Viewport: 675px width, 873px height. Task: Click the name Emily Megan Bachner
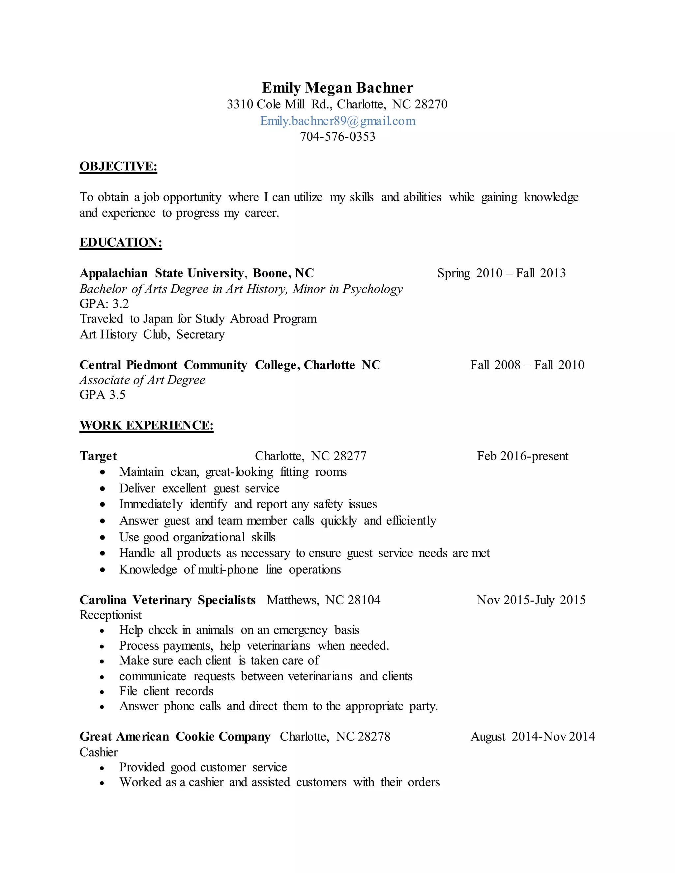[337, 88]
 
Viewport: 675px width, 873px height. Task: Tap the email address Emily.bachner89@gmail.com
[337, 121]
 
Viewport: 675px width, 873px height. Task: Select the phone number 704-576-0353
[337, 137]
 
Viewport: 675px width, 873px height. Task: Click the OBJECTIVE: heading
[118, 166]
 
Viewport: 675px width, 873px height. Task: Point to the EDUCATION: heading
[121, 242]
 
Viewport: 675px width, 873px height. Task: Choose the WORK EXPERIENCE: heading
[146, 425]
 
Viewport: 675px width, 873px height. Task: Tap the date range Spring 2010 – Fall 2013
[501, 273]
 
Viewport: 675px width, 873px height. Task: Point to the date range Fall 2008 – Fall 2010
[527, 365]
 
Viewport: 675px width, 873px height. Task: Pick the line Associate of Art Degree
[142, 380]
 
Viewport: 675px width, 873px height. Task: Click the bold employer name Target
[98, 456]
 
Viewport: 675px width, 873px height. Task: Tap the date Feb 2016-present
[522, 456]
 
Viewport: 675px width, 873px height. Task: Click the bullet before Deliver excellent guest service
[103, 489]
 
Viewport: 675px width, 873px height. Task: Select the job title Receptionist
[111, 615]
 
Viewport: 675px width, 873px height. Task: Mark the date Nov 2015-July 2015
[531, 600]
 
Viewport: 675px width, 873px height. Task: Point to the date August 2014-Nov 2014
[532, 737]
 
